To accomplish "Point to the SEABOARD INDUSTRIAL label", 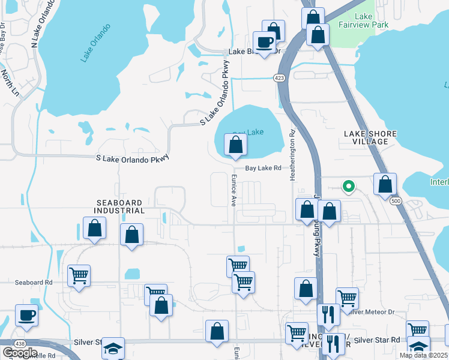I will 119,206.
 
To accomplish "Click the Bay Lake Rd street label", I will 263,169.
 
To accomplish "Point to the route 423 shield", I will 279,78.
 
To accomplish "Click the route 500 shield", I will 394,200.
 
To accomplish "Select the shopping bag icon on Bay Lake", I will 236,145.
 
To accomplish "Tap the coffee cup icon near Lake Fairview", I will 264,42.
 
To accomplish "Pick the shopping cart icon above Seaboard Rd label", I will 79,275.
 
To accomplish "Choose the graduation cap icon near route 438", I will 113,348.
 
